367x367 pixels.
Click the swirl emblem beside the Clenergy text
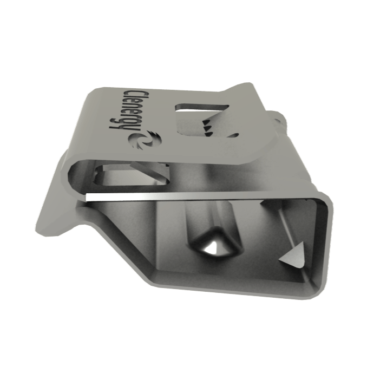(x=145, y=140)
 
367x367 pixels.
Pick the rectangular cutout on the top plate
(x=201, y=120)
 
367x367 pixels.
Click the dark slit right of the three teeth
(x=233, y=135)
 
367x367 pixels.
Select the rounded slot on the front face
(x=132, y=175)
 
